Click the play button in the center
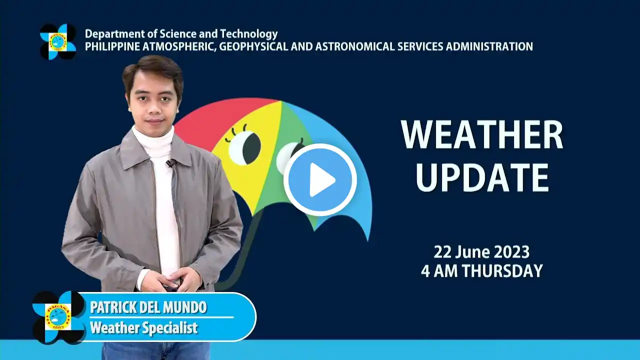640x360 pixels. [320, 179]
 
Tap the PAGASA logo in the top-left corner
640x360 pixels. [58, 41]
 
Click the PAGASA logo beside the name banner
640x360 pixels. [58, 317]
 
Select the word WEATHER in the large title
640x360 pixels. [482, 134]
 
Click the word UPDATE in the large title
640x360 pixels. [482, 178]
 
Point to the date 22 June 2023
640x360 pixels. [481, 252]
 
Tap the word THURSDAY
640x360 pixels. [503, 271]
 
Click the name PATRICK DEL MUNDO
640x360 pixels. [148, 307]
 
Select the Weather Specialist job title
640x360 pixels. [144, 327]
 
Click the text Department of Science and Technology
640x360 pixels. [181, 34]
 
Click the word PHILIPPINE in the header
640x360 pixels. [112, 46]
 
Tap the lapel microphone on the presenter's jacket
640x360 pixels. [170, 163]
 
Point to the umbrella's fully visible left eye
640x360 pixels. [245, 147]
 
